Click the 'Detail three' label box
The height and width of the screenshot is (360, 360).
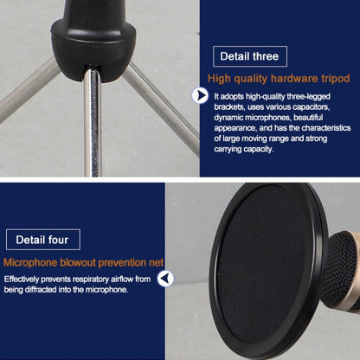click(250, 56)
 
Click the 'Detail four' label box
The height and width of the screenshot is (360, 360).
click(43, 240)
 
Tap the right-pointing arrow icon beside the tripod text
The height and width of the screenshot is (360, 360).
click(200, 95)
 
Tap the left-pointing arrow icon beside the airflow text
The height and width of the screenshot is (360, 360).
click(165, 279)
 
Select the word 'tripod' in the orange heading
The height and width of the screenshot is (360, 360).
click(336, 79)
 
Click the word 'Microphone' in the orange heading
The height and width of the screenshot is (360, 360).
click(30, 263)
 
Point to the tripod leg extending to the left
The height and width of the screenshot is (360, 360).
click(28, 90)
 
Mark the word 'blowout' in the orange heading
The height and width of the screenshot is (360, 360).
click(78, 263)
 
